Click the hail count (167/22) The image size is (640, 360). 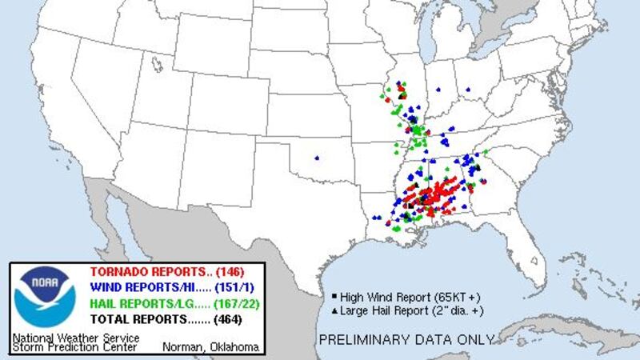click(x=233, y=303)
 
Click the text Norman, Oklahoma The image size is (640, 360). click(x=210, y=346)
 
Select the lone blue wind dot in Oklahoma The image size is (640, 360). click(x=318, y=157)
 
